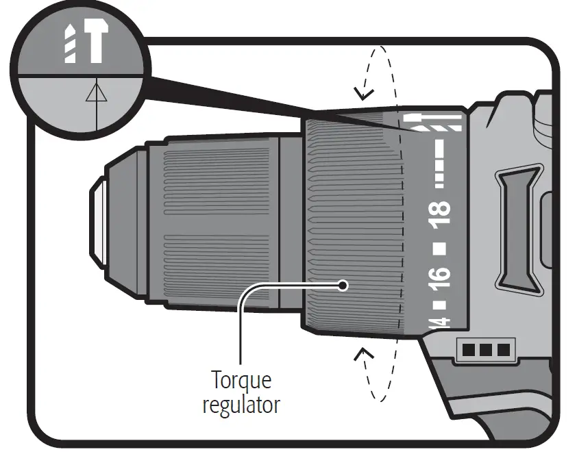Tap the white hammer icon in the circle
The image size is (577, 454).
[x=95, y=44]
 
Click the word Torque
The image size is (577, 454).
[x=241, y=380]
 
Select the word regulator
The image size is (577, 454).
[x=241, y=404]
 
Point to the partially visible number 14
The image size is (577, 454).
[x=441, y=322]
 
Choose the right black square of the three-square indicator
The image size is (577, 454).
[x=504, y=351]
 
